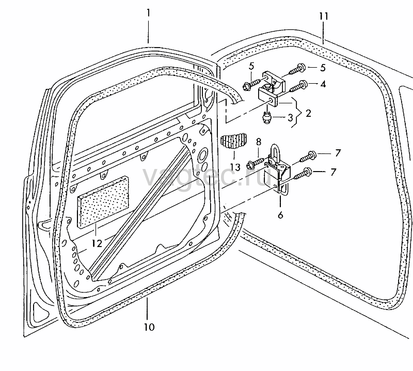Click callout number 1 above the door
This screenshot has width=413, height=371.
click(x=148, y=13)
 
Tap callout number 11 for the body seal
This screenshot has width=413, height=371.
click(x=324, y=16)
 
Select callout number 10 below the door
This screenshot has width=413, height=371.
click(x=149, y=327)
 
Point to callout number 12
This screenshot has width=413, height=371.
click(x=97, y=243)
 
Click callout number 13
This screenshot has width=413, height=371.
click(x=235, y=167)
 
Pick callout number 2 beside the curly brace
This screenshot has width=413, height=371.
click(x=308, y=113)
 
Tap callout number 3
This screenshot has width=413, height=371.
click(x=290, y=118)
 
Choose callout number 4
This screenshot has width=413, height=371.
click(x=323, y=84)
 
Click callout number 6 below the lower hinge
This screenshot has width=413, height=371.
click(x=280, y=215)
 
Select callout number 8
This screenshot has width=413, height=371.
click(x=259, y=142)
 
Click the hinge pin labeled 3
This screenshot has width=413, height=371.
click(x=267, y=117)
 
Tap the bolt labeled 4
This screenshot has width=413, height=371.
click(x=299, y=87)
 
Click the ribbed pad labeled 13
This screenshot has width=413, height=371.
click(x=233, y=143)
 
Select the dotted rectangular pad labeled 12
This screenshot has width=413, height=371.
click(x=103, y=202)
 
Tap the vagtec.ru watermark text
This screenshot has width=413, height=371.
click(x=207, y=176)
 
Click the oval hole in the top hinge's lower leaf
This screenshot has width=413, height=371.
click(x=271, y=100)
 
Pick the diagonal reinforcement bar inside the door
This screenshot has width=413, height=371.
click(x=139, y=212)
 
